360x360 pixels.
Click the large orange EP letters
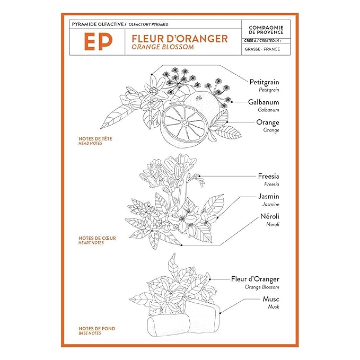[x=97, y=42]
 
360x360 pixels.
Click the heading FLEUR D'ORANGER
[x=176, y=38]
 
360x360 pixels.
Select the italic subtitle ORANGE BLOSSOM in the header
[x=159, y=47]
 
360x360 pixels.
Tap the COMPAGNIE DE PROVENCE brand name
[x=266, y=30]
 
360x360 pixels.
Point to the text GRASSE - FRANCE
[x=262, y=49]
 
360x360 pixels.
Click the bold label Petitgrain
[x=264, y=82]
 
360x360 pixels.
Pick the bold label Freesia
[x=268, y=176]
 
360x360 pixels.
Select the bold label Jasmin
[x=268, y=196]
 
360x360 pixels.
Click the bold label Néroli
[x=269, y=216]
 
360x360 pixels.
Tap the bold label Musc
[x=270, y=299]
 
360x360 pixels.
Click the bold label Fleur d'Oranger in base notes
[x=255, y=279]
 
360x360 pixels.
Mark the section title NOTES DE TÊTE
[x=95, y=139]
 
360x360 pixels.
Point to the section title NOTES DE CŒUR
[x=96, y=238]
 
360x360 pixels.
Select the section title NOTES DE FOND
[x=96, y=329]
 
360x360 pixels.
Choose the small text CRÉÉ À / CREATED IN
[x=262, y=40]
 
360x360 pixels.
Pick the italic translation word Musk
[x=273, y=307]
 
